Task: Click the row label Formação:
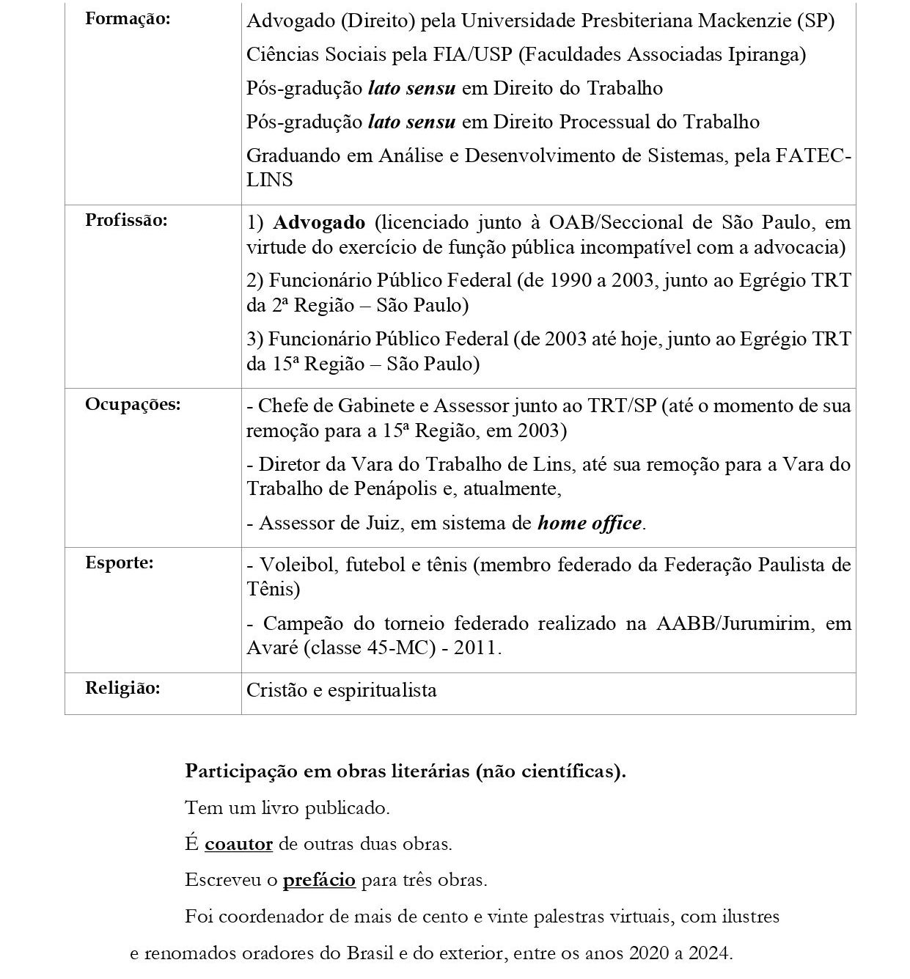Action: pyautogui.click(x=127, y=19)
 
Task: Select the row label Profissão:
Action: pyautogui.click(x=126, y=220)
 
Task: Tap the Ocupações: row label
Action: pyautogui.click(x=133, y=404)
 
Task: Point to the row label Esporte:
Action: pyautogui.click(x=120, y=563)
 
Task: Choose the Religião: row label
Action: pyautogui.click(x=122, y=688)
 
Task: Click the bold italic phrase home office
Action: pyautogui.click(x=590, y=523)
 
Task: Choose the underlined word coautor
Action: pyautogui.click(x=238, y=843)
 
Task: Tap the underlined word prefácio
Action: pyautogui.click(x=319, y=879)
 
